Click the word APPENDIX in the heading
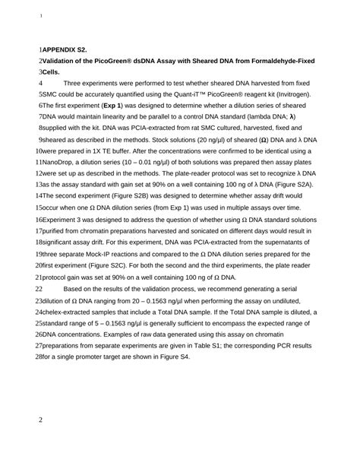(65, 48)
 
